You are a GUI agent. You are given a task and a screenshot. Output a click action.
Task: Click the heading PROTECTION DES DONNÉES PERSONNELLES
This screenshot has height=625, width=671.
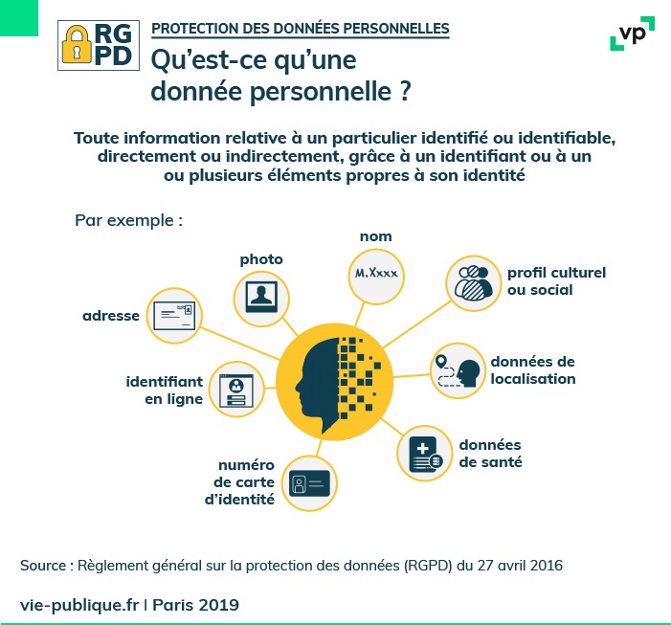[x=301, y=28]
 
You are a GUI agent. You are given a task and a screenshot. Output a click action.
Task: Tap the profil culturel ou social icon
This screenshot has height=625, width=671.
[x=475, y=281]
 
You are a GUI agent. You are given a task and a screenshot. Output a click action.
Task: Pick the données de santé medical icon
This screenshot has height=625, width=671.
[x=425, y=452]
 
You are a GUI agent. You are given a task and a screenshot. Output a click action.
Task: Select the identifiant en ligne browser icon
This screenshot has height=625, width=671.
[x=235, y=389]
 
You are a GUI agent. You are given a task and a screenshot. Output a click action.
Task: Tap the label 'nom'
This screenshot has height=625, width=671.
[x=375, y=236]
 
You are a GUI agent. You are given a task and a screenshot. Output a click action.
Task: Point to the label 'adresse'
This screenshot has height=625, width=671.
[x=111, y=315]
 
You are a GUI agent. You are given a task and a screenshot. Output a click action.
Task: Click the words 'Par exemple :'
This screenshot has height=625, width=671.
[x=128, y=220]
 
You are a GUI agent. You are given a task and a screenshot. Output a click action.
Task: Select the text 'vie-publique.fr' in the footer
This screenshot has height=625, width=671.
[x=79, y=605]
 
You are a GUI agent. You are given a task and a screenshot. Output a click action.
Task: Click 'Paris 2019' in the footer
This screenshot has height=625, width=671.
[x=195, y=605]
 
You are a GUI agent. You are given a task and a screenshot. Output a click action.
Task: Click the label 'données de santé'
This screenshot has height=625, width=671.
[x=490, y=454]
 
